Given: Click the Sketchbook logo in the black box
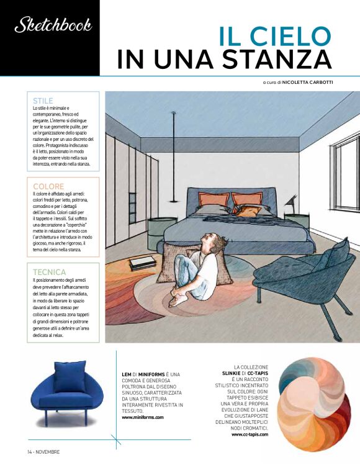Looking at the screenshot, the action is pos(53,25).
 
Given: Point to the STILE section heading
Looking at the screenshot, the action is pos(43,100).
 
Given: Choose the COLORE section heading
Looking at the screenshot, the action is pos(48,186).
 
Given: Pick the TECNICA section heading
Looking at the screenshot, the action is pos(50,272).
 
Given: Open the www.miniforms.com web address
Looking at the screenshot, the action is pos(143,417).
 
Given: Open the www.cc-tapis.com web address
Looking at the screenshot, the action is pos(250,434).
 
